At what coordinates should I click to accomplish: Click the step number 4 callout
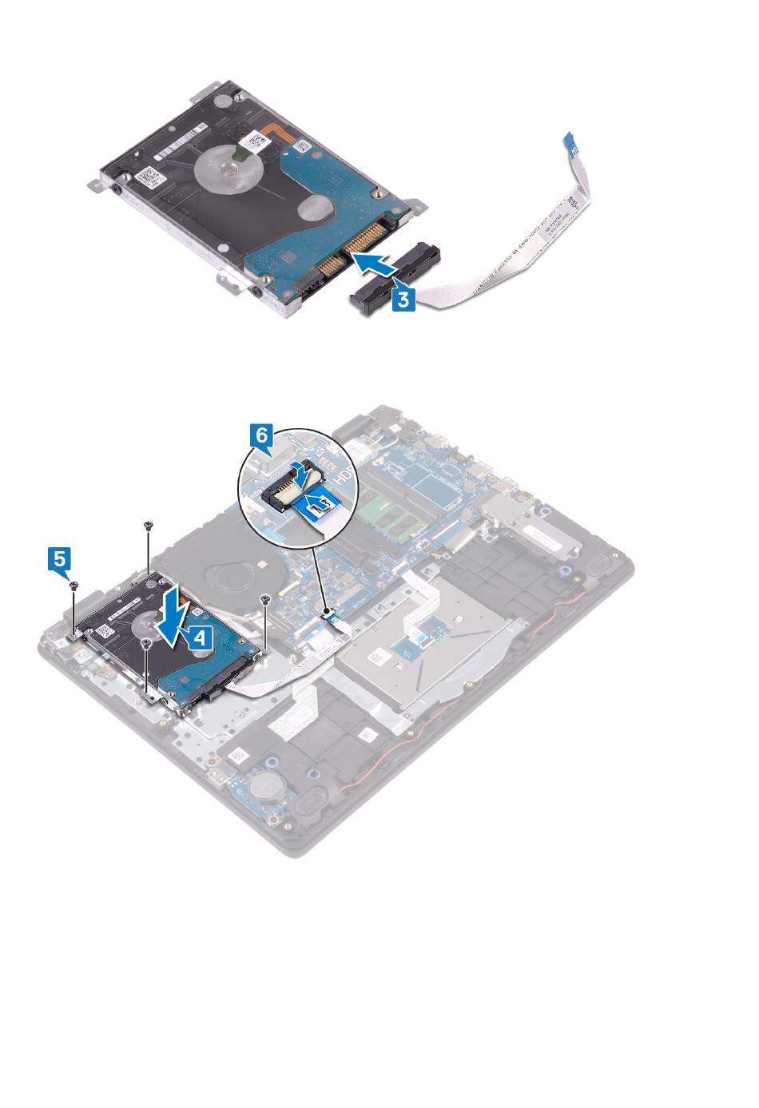coord(201,636)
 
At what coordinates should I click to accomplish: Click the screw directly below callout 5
coord(74,586)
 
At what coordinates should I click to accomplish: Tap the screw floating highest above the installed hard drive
coord(149,525)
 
